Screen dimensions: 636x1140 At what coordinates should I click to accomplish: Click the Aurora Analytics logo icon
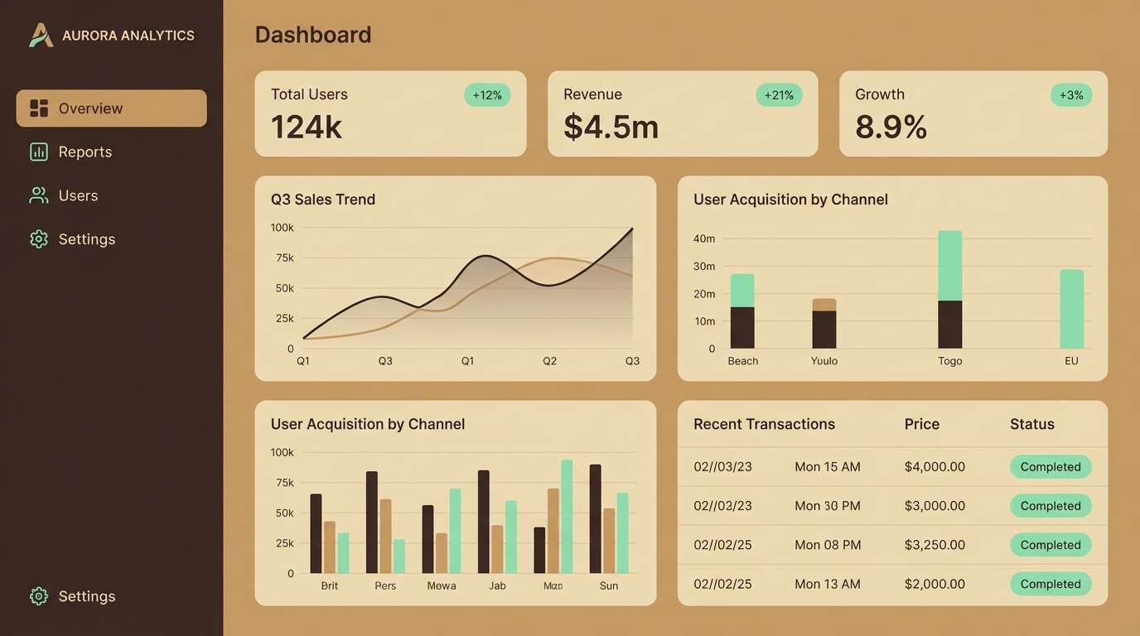point(41,36)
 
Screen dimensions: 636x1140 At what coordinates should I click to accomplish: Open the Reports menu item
point(85,152)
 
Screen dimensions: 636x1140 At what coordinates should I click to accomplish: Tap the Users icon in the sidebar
point(38,195)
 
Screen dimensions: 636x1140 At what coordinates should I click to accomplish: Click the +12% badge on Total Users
point(487,95)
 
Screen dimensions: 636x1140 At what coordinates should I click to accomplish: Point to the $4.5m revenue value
point(611,127)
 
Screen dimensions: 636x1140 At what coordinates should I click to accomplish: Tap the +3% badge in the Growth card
point(1071,95)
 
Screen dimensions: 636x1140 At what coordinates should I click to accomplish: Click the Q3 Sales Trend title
point(323,200)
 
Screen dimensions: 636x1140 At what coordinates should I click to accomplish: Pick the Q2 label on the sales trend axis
point(549,361)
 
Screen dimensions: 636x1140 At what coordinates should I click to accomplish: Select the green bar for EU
point(1071,309)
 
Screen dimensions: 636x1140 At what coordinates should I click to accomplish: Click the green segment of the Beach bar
point(742,291)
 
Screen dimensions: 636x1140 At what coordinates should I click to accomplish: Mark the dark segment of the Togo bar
point(950,324)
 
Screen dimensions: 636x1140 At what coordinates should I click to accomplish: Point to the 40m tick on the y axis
point(704,238)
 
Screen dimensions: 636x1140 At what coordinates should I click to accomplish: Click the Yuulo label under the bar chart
point(824,361)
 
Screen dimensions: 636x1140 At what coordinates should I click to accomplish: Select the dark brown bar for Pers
point(372,522)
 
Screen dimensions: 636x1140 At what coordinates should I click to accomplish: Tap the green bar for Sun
point(622,532)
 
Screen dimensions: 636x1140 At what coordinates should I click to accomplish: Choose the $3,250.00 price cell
point(935,545)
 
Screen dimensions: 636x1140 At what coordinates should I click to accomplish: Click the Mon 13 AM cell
point(827,584)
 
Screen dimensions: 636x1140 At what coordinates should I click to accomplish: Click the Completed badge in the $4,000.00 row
point(1050,467)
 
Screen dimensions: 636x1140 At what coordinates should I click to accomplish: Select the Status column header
point(1031,424)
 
